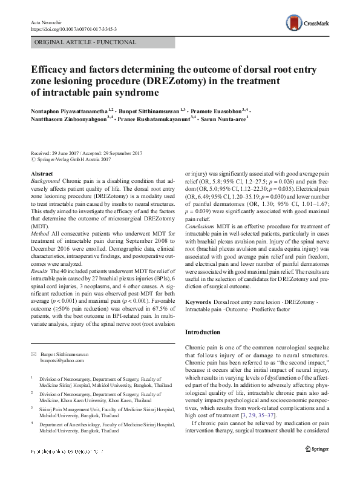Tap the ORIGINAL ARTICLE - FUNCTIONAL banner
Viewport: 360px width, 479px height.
coord(77,43)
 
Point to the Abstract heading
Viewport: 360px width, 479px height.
coord(41,174)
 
